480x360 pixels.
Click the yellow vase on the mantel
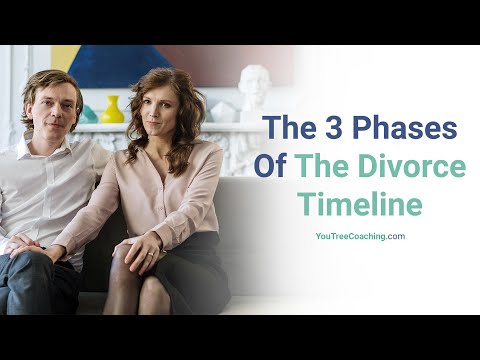113,109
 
